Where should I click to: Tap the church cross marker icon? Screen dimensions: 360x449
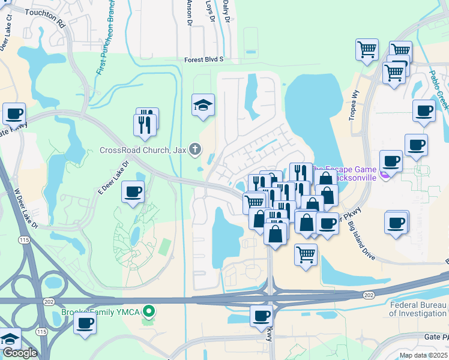coord(194,149)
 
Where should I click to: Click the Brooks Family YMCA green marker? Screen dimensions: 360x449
coord(149,311)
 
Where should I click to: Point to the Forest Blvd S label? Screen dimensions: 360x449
coord(203,59)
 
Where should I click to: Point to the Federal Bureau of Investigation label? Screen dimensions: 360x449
coord(418,309)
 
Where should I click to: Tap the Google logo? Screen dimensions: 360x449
coord(20,353)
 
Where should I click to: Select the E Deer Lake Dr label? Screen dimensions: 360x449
coord(113,177)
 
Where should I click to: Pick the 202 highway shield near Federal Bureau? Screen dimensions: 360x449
coord(369,295)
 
